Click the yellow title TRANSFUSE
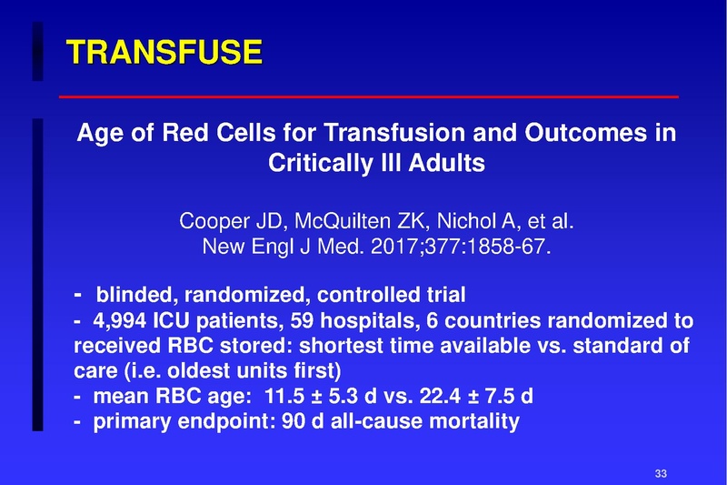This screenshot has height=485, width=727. [164, 52]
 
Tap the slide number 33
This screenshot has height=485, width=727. [661, 471]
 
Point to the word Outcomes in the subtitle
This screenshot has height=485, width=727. [563, 133]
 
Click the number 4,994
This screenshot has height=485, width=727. [120, 322]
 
